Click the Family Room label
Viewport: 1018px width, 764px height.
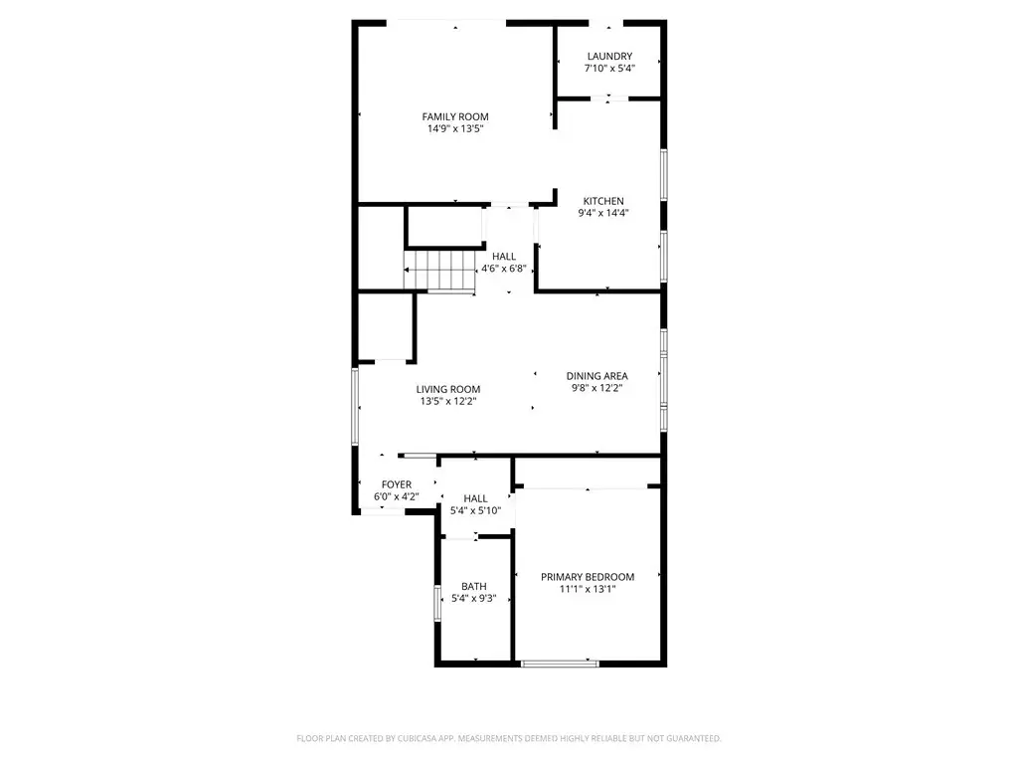coord(455,117)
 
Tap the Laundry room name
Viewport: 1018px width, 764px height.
coord(609,57)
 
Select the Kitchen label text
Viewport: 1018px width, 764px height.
coord(603,201)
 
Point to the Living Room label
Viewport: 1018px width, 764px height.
coord(448,389)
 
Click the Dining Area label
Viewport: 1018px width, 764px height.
coord(596,376)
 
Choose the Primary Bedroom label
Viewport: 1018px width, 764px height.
coord(588,577)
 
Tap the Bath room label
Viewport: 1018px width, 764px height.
coord(474,587)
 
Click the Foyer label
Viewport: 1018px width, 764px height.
coord(396,484)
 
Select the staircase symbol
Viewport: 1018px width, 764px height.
coord(438,271)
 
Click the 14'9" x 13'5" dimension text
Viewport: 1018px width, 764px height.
coord(455,128)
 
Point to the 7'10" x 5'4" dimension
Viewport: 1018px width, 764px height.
coord(609,69)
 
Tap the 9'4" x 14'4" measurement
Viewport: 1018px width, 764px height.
coord(603,213)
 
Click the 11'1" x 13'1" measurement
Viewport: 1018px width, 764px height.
coord(588,589)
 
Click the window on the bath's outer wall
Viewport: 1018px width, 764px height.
coord(437,604)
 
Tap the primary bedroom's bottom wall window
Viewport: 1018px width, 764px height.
coord(560,664)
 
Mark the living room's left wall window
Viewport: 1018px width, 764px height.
coord(355,407)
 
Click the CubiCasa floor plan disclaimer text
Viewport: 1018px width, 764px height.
coord(509,739)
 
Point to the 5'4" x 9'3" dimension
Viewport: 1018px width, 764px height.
coord(474,598)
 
